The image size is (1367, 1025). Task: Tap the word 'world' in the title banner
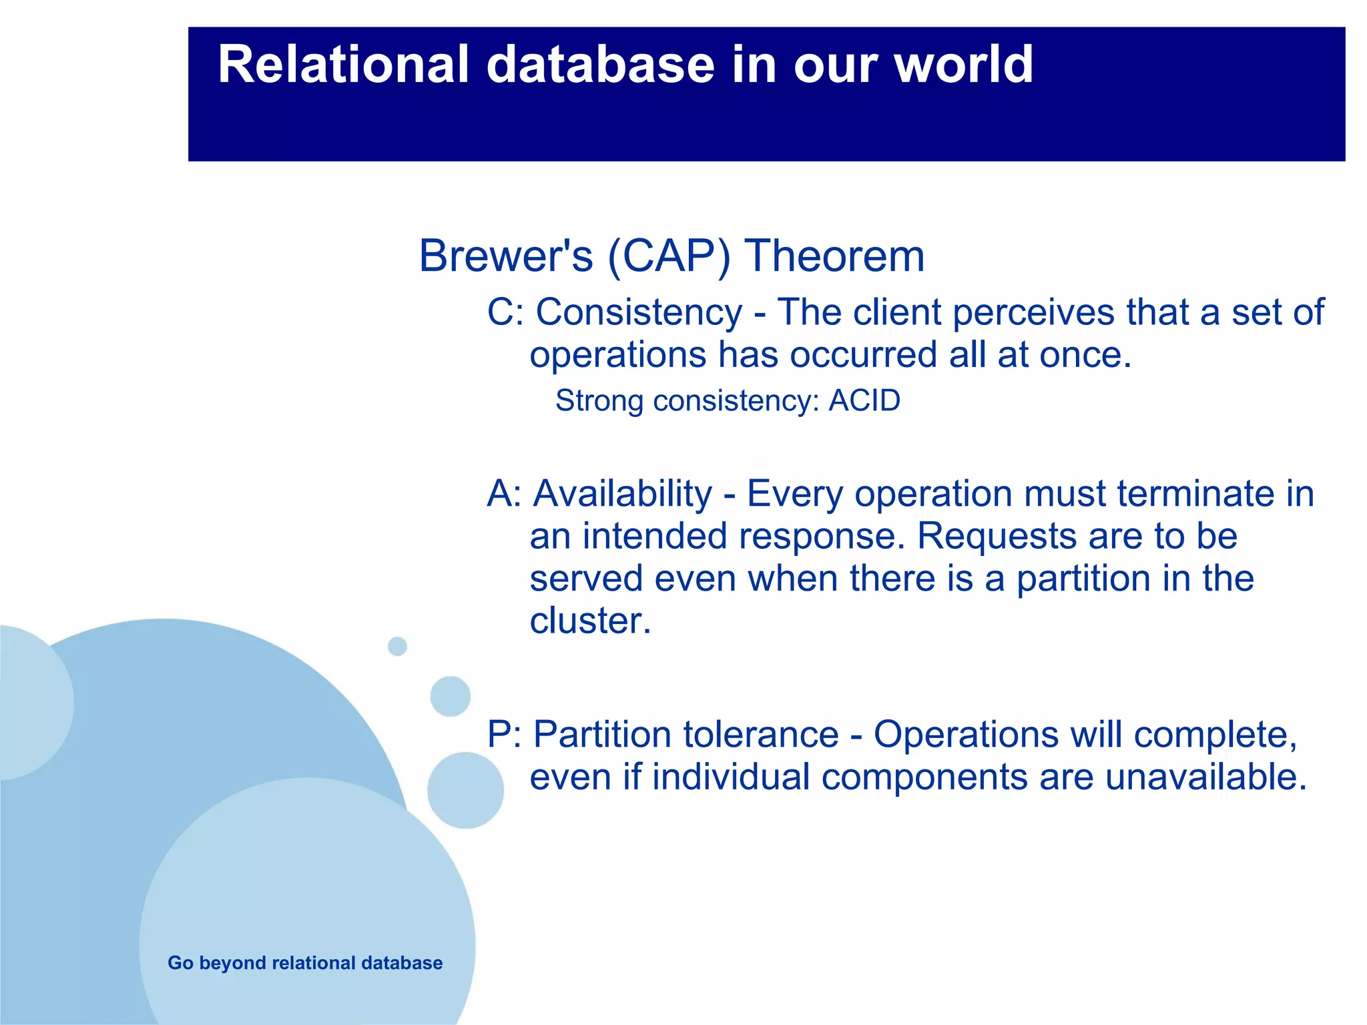coord(964,64)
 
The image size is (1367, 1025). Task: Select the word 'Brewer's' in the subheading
coord(506,256)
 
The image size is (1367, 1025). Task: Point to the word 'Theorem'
coord(834,256)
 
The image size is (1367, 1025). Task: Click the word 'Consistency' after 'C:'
coord(639,313)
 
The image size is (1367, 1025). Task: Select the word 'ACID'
coord(864,400)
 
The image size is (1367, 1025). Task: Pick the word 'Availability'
coord(623,494)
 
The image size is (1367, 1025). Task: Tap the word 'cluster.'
coord(590,621)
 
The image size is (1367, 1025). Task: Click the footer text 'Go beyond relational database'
coord(305,963)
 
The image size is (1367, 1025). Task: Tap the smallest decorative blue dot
coord(397,646)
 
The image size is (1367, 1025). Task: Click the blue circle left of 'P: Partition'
coord(465,790)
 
